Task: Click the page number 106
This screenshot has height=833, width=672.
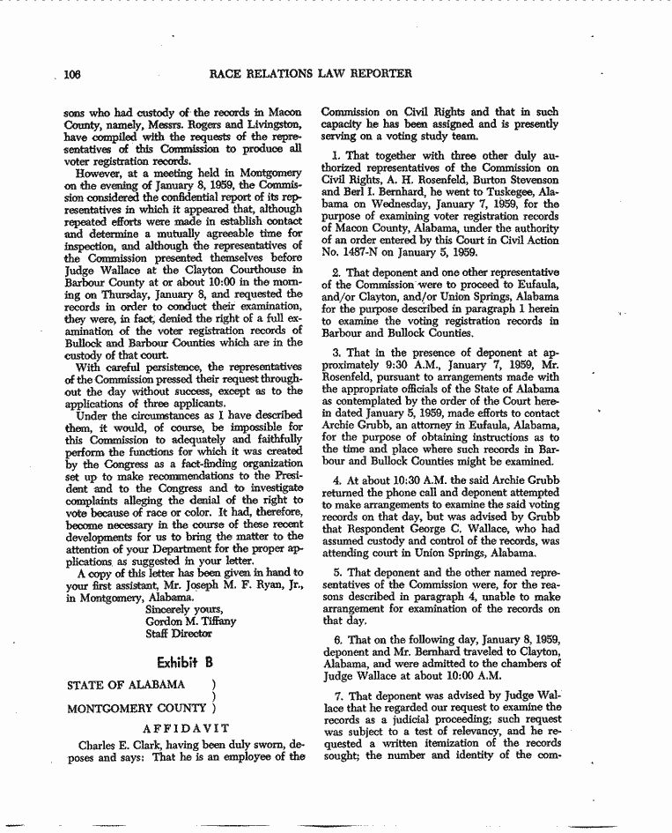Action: (x=71, y=74)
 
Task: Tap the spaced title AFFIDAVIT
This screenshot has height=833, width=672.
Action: (x=186, y=728)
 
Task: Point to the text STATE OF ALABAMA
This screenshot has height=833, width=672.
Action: (x=126, y=685)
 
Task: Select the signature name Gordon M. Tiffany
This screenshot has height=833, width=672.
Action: (x=190, y=621)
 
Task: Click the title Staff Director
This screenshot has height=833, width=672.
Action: (x=179, y=633)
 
